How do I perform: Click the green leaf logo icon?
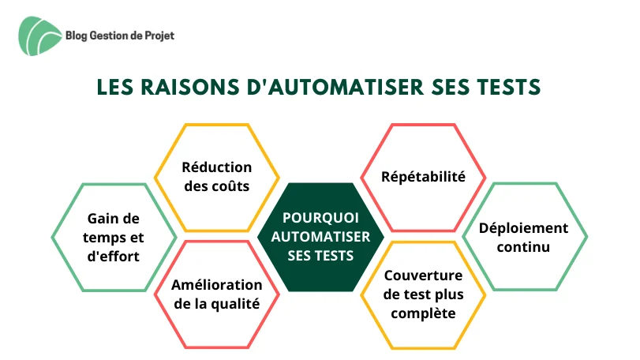39,36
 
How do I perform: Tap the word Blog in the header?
77,36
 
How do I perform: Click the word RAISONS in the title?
190,88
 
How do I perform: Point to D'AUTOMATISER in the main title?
335,88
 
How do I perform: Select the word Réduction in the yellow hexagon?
217,167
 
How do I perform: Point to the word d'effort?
114,257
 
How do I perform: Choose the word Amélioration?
217,285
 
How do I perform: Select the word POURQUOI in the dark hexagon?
321,218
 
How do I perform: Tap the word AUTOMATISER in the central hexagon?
321,237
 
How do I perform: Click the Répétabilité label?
423,177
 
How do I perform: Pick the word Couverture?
423,276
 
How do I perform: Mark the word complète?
423,313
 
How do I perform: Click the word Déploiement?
524,228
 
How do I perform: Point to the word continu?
524,247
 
